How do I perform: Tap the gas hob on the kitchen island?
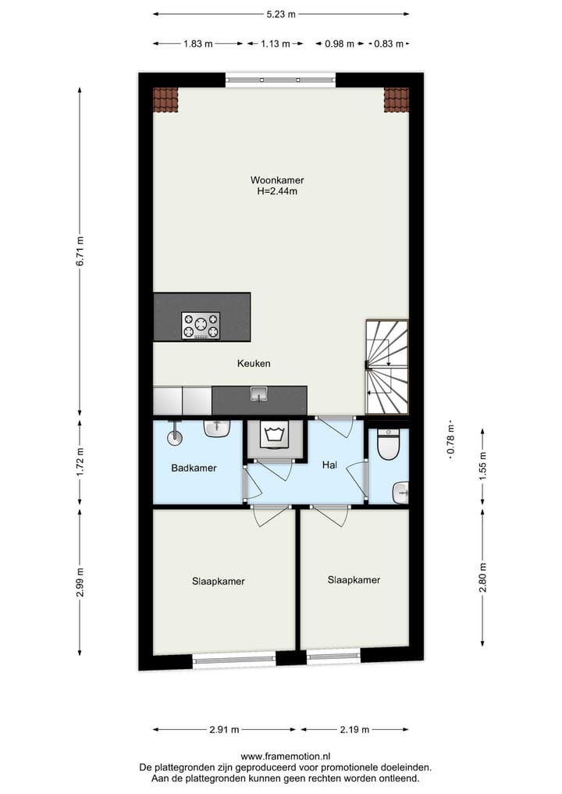(x=201, y=325)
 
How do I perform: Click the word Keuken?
(x=254, y=364)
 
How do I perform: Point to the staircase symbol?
(x=387, y=367)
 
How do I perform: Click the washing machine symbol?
(x=273, y=436)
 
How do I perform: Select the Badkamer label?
(x=194, y=468)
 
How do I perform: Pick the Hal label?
(x=329, y=465)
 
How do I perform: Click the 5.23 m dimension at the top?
(x=279, y=14)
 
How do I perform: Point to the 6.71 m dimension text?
(x=80, y=251)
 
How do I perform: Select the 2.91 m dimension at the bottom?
(x=224, y=730)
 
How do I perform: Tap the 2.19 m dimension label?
(x=355, y=730)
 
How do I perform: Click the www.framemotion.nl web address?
(x=286, y=757)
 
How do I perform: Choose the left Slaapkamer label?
(x=219, y=582)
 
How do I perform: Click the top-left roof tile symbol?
(x=165, y=99)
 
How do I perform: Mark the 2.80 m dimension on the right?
(x=483, y=579)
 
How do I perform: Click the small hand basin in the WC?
(x=401, y=491)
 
